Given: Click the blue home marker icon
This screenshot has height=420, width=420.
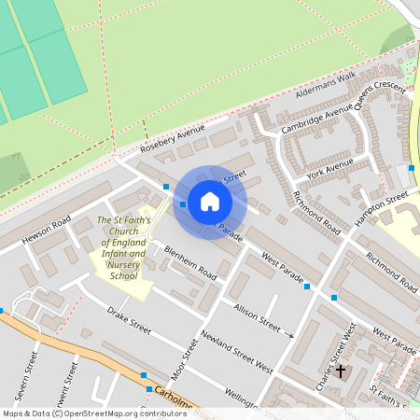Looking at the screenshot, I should point(210,202).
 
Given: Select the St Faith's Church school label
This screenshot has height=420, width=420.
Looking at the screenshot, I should point(122,248).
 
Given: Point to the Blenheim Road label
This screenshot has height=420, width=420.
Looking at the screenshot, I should point(190,263).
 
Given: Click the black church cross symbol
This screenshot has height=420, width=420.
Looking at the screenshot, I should point(341,371).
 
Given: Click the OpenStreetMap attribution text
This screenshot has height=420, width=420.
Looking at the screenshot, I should point(93,413).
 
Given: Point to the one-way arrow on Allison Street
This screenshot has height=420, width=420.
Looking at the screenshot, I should point(289,334).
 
